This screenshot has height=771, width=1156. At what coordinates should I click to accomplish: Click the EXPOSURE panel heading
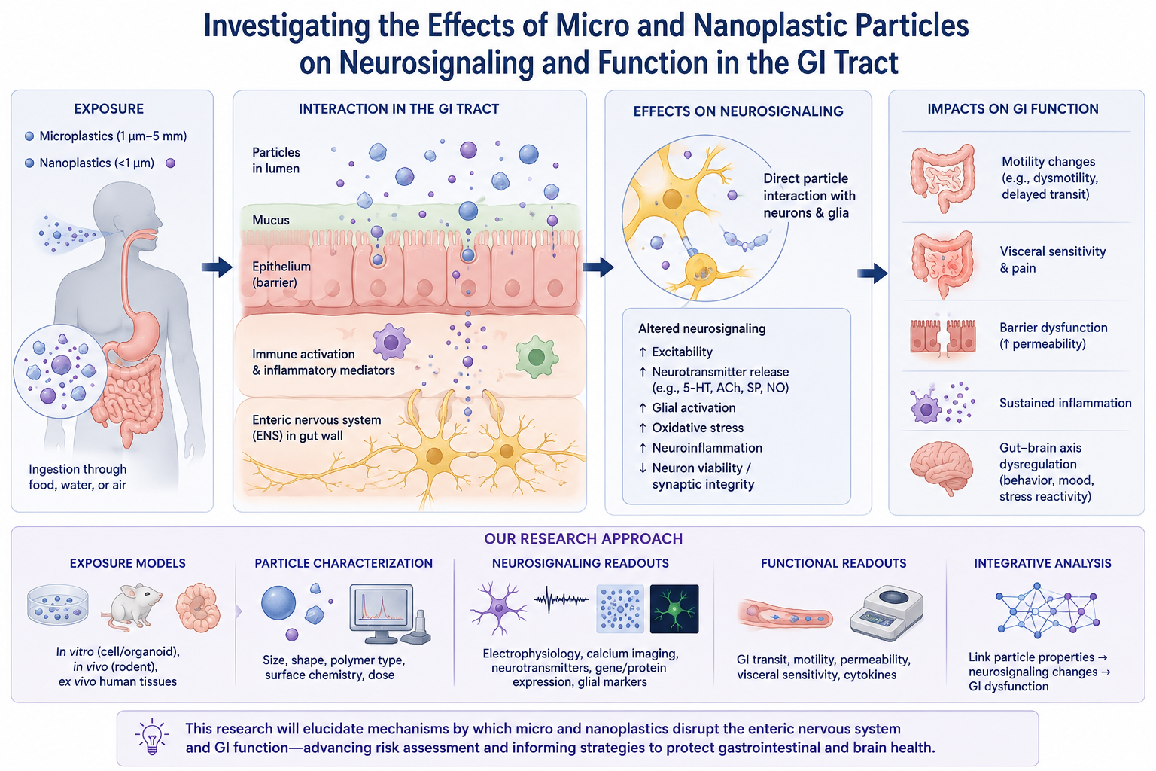pos(109,109)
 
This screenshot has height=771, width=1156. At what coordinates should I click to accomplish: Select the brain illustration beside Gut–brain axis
pos(942,468)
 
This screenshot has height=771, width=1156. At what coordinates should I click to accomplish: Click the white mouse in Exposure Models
pos(132,607)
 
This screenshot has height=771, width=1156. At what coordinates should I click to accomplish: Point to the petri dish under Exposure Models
pos(57,605)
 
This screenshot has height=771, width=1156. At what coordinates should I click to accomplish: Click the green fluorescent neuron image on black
pos(674,609)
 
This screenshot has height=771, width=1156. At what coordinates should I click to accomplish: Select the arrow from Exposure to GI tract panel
pos(218,267)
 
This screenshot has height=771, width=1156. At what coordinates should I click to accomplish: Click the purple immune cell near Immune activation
pos(391,342)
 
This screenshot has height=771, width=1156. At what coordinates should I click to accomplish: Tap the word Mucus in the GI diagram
pos(271,220)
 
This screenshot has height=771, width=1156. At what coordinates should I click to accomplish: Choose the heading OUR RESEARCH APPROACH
pos(583,538)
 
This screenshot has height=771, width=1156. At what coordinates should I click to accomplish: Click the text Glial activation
pos(694,407)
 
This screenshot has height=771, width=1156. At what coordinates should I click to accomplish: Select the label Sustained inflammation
pos(1065,403)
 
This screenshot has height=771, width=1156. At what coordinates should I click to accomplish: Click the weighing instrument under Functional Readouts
pos(887,613)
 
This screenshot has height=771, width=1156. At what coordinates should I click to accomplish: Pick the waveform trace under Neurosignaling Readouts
pos(561,599)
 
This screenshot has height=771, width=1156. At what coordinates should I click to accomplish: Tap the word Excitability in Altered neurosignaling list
pos(683,352)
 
